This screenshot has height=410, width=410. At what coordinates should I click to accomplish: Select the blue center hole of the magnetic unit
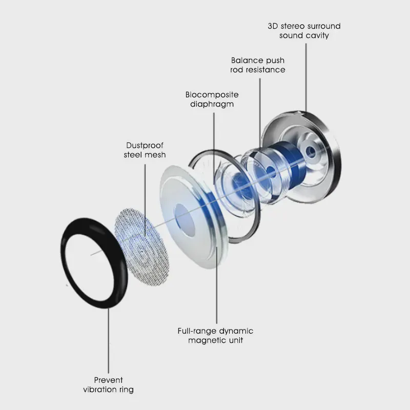(x=186, y=220)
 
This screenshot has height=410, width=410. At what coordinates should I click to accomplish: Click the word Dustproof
(x=145, y=146)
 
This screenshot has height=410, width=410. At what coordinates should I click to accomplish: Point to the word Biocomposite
(x=212, y=95)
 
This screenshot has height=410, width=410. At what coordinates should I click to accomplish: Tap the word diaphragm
(x=212, y=105)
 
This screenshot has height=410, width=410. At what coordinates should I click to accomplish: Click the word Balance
(x=247, y=60)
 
